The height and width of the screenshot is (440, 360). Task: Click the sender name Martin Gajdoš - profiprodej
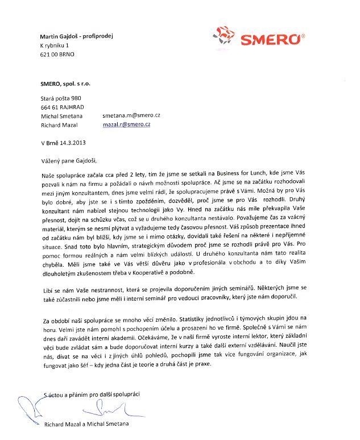pos(77,35)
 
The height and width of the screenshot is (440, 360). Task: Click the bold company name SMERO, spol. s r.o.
pos(65,83)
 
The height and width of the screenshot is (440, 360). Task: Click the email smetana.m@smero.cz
pos(131,115)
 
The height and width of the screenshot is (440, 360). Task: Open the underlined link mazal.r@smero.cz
pos(126,123)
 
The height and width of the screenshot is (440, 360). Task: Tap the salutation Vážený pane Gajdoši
pos(71,161)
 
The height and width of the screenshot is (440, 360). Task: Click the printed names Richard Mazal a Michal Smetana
pos(86,424)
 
